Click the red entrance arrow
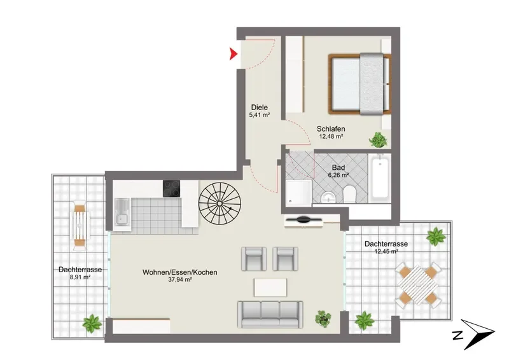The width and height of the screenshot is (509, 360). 233,54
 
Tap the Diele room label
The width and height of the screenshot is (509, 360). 260,107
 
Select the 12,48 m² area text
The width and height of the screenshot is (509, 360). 331,136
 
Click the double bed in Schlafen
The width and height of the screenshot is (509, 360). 359,84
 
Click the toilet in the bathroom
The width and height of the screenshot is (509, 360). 350,194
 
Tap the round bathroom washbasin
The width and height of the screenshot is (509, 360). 328,197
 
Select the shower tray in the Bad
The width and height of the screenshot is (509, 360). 299,193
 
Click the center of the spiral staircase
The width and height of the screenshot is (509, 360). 220,204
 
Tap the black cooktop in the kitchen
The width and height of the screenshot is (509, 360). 172,189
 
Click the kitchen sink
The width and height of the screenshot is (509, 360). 122,212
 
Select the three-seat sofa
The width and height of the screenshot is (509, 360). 270,314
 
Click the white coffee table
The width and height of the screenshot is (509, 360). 270,287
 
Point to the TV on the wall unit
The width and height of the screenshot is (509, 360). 303,220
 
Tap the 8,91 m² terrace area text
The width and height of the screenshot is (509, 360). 80,277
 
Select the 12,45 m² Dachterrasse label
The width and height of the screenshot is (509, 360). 386,247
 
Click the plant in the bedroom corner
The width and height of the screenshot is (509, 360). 378,140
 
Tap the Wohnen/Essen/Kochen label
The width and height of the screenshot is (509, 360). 180,272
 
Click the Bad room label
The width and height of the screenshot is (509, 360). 338,168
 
